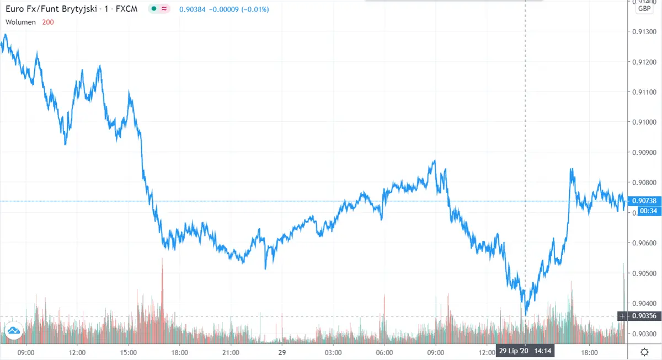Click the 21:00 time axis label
[231, 352]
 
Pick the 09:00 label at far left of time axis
[26, 352]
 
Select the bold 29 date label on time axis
[282, 352]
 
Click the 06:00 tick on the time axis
[384, 352]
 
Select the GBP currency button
[644, 8]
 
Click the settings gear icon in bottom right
[644, 352]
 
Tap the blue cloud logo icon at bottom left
[13, 331]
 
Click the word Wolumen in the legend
[21, 22]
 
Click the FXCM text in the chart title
[126, 9]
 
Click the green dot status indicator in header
[153, 9]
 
